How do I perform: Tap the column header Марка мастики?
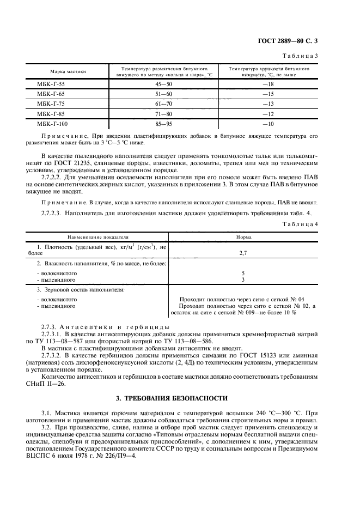point(68,72)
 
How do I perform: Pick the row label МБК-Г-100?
point(52,124)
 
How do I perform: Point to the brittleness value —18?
point(268,84)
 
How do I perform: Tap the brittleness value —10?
point(268,124)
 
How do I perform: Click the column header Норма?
point(243,238)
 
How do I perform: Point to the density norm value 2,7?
point(243,253)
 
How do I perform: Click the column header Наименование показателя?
point(97,238)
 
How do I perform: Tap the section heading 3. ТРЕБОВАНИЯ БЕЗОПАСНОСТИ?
point(180,384)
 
